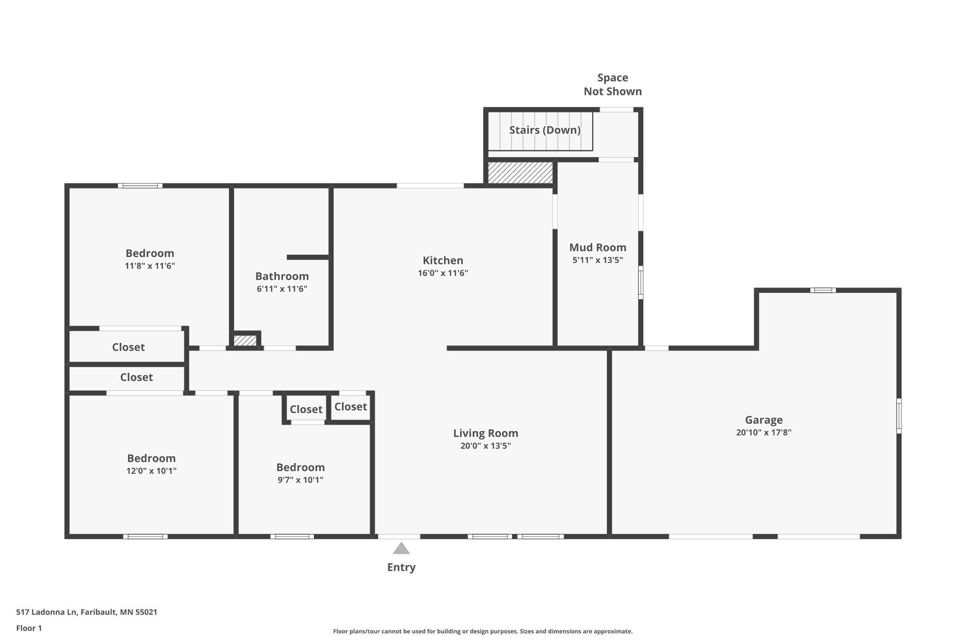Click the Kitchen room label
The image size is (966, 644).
coord(443,260)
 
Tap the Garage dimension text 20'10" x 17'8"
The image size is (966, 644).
coord(764,432)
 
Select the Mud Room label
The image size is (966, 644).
coord(598,247)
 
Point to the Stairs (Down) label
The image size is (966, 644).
coord(545,130)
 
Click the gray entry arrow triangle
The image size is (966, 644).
coord(401,549)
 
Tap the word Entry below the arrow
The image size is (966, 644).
coord(401,567)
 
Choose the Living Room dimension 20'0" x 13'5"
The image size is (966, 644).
coord(485,446)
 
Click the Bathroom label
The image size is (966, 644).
coord(282,276)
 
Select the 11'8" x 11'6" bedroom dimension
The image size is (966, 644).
coord(150,266)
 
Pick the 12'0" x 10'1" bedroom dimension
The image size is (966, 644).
coord(151,471)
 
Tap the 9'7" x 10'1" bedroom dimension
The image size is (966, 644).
coord(300,480)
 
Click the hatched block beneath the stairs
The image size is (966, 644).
coord(520,173)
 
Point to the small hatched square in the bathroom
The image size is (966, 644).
coord(245,341)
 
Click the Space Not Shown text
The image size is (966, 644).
coord(613,85)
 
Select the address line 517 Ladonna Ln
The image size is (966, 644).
coord(87,612)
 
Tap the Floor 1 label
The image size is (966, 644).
coord(29,628)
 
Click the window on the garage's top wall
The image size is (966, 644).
coord(823,290)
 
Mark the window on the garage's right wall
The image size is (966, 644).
coord(899,416)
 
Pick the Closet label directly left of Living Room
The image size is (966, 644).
coord(351,407)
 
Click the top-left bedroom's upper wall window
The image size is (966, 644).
coord(140,186)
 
